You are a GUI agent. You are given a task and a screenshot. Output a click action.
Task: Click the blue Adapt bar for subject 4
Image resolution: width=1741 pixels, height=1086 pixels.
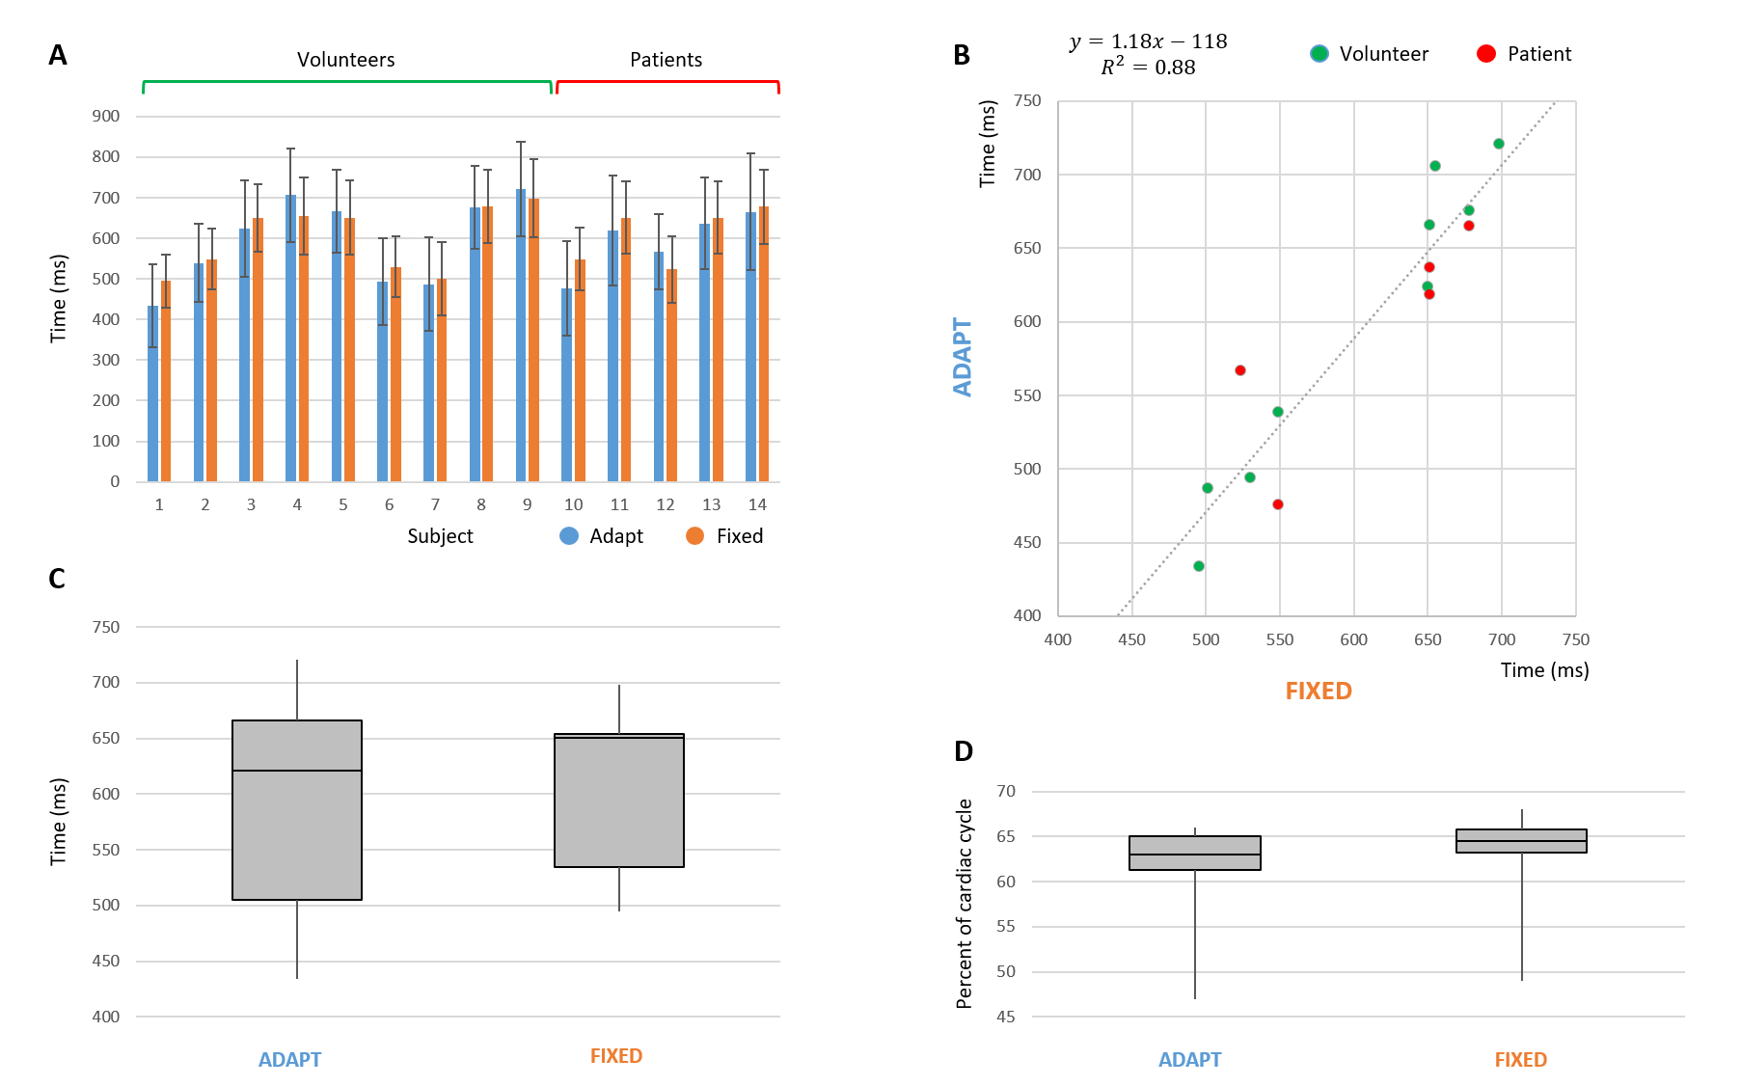(290, 338)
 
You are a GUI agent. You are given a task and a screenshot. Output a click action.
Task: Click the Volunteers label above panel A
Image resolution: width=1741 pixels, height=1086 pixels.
(345, 60)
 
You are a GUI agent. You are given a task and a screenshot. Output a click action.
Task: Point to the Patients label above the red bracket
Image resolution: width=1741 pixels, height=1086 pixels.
(666, 60)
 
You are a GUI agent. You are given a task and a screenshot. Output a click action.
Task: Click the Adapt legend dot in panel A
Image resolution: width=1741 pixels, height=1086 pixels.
(569, 536)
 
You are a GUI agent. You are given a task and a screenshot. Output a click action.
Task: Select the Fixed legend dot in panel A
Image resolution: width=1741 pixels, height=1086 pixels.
(694, 536)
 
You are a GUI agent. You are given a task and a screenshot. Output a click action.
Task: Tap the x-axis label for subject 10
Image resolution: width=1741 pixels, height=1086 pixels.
(573, 504)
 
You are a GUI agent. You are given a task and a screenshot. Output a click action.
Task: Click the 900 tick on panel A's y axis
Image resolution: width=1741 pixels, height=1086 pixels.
(106, 116)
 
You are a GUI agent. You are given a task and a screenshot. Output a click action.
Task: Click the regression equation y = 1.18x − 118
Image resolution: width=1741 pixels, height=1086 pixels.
(1148, 41)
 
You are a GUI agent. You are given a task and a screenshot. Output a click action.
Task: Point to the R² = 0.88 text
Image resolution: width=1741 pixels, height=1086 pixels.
(1148, 68)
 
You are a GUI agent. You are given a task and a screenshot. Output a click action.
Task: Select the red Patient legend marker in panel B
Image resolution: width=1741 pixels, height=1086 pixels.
(1485, 54)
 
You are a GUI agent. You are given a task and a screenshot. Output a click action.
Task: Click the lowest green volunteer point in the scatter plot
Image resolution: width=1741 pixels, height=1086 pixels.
(1199, 566)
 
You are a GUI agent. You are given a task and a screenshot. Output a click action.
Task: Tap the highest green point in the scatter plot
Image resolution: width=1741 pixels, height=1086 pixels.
(1498, 144)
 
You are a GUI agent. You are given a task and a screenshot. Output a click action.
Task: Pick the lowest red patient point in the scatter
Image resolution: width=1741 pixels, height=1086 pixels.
(1278, 504)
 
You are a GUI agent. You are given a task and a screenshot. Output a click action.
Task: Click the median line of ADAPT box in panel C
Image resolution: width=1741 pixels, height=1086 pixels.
(297, 771)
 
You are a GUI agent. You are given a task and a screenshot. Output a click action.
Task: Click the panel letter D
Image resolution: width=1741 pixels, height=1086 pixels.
(963, 751)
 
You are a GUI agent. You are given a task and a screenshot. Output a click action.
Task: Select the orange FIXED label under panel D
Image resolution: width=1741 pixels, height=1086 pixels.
(1520, 1060)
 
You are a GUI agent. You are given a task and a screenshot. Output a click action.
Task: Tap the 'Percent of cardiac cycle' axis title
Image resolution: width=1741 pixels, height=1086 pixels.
(964, 904)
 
